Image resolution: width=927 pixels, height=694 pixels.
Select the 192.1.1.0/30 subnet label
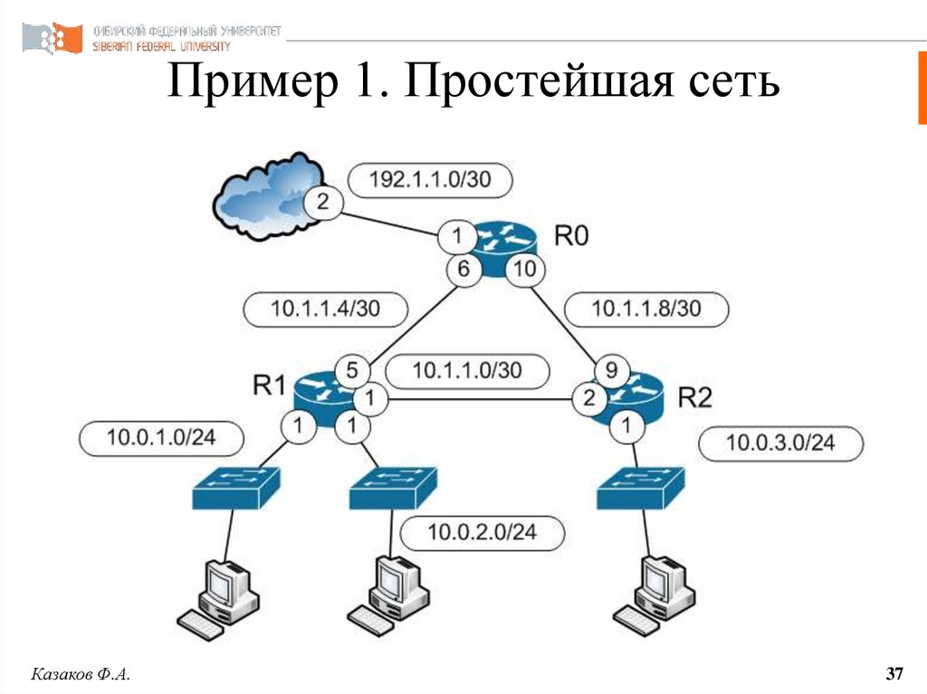pyautogui.click(x=430, y=180)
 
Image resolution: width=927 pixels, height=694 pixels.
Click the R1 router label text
pyautogui.click(x=269, y=385)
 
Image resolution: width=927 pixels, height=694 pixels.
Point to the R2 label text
pyautogui.click(x=694, y=397)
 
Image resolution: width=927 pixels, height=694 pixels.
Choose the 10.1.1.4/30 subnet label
pyautogui.click(x=325, y=309)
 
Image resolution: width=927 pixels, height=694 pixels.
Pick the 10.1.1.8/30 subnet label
pyautogui.click(x=646, y=309)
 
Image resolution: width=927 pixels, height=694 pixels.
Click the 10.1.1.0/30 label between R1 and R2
pyautogui.click(x=467, y=371)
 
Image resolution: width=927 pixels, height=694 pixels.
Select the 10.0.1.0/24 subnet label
pyautogui.click(x=161, y=438)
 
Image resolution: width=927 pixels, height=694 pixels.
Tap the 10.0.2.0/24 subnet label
pyautogui.click(x=483, y=533)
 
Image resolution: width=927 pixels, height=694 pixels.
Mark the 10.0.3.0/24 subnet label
pyautogui.click(x=780, y=443)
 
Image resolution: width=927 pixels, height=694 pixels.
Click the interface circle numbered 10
pyautogui.click(x=524, y=269)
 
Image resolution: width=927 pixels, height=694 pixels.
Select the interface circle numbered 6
pyautogui.click(x=463, y=269)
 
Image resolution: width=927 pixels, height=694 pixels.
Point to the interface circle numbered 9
pyautogui.click(x=611, y=371)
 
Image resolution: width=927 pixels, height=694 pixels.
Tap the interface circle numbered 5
pyautogui.click(x=352, y=371)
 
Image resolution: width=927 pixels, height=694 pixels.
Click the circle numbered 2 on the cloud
pyautogui.click(x=322, y=202)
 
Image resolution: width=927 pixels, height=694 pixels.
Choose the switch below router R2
pyautogui.click(x=641, y=488)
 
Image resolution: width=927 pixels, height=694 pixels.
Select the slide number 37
pyautogui.click(x=894, y=673)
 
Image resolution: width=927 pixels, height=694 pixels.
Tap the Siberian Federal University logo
pyautogui.click(x=52, y=38)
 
